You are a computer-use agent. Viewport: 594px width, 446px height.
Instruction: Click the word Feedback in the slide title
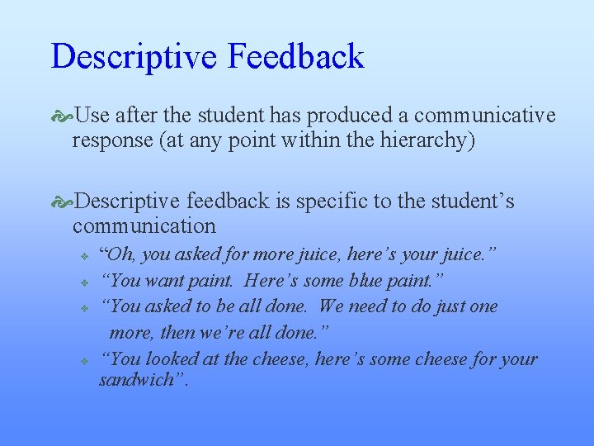(295, 56)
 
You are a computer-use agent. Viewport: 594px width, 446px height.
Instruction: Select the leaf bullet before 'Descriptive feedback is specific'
(63, 202)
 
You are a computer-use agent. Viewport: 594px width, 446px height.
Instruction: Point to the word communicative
(485, 116)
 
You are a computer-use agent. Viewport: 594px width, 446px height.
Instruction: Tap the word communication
(144, 225)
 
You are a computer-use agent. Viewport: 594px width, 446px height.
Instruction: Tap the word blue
(379, 281)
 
